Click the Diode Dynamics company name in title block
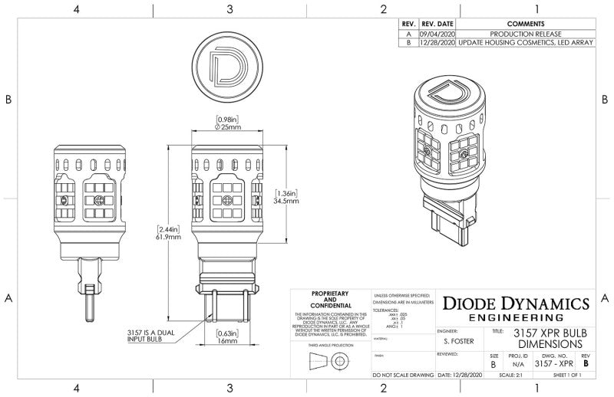(515, 303)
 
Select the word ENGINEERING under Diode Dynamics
(515, 317)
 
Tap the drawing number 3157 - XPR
(554, 366)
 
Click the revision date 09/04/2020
(437, 34)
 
